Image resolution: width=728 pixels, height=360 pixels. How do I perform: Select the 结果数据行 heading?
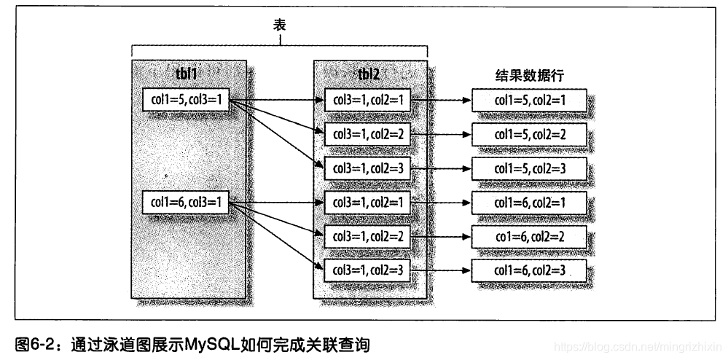pyautogui.click(x=529, y=75)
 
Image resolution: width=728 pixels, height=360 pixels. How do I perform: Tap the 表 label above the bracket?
pyautogui.click(x=279, y=25)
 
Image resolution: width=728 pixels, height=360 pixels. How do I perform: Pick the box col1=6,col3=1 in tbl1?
pyautogui.click(x=186, y=202)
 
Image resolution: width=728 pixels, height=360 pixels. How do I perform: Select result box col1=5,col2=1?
pyautogui.click(x=529, y=101)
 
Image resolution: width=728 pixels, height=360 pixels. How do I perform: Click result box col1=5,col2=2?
pyautogui.click(x=529, y=134)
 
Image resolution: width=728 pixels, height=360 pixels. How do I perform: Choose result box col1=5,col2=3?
pyautogui.click(x=529, y=168)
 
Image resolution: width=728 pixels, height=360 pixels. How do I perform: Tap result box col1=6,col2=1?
pyautogui.click(x=529, y=203)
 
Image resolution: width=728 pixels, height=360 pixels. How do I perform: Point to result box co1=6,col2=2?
pyautogui.click(x=529, y=237)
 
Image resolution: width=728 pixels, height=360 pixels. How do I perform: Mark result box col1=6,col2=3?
pyautogui.click(x=529, y=271)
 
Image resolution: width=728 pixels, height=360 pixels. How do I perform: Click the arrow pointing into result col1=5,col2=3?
pyautogui.click(x=445, y=168)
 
